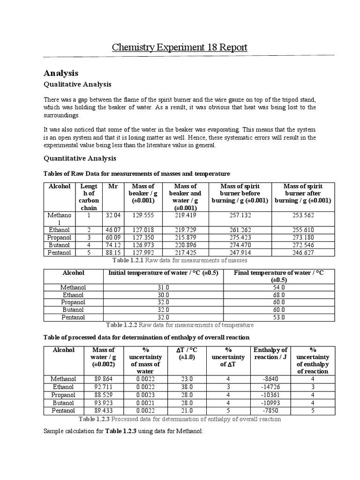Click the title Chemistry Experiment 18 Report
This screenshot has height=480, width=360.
coord(180,47)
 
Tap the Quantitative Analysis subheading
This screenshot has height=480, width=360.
coord(80,158)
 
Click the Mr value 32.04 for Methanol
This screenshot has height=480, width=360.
coord(113,215)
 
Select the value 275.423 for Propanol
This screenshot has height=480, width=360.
coord(240,238)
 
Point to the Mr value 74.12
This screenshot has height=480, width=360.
coord(113,245)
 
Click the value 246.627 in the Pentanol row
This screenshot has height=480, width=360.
coord(303,253)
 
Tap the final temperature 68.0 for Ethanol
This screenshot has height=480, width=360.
coord(279,295)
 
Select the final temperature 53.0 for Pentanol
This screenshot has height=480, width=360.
coord(279,317)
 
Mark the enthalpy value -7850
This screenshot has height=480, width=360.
coord(271,410)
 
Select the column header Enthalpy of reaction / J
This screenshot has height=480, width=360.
coord(270,354)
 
